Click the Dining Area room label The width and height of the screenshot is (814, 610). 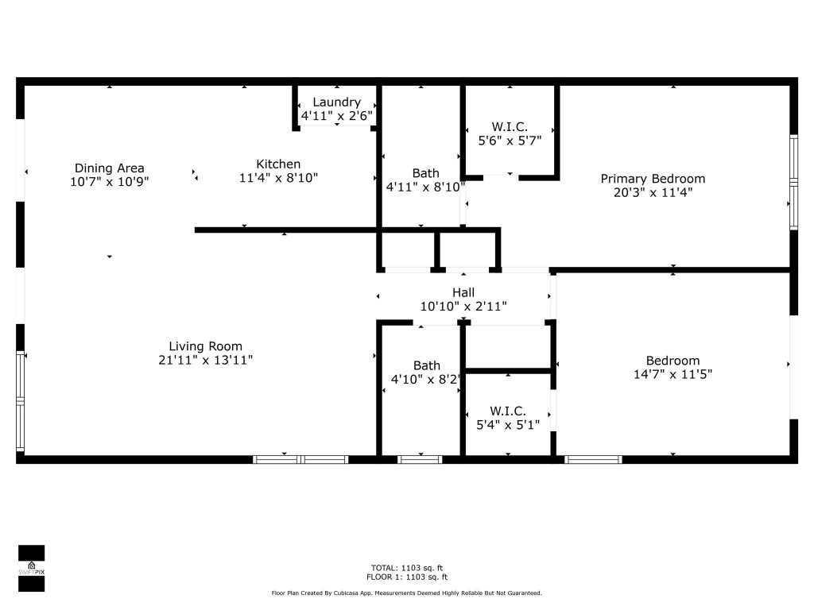pos(109,168)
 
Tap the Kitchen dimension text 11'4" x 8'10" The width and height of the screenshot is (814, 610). pos(278,179)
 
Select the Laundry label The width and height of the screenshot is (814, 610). pos(336,102)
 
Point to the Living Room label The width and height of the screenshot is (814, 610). pos(205,346)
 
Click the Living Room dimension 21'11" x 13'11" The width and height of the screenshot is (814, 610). pos(205,361)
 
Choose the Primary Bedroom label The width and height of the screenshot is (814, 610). pos(652,179)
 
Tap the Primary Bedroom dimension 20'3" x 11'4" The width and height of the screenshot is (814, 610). pos(652,192)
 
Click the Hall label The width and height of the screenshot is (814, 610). pos(463,292)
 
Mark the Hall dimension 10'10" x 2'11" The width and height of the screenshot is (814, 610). pos(463,306)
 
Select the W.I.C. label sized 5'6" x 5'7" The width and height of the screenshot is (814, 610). pos(510,127)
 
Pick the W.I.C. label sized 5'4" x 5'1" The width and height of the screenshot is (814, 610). pos(507,411)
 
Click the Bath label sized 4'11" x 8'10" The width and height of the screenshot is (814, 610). pos(425,173)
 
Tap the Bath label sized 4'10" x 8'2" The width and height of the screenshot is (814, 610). pos(426,365)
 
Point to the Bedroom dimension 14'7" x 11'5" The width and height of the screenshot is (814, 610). pos(673,374)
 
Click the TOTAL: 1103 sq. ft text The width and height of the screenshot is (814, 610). pos(407,568)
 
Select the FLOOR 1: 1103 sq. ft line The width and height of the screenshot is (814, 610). pos(407,577)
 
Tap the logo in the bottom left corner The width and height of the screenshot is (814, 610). pos(31,569)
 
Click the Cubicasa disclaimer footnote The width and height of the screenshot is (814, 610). pos(407,593)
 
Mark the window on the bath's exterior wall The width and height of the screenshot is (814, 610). pos(420,459)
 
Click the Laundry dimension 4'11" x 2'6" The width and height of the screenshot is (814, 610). pos(336,116)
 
